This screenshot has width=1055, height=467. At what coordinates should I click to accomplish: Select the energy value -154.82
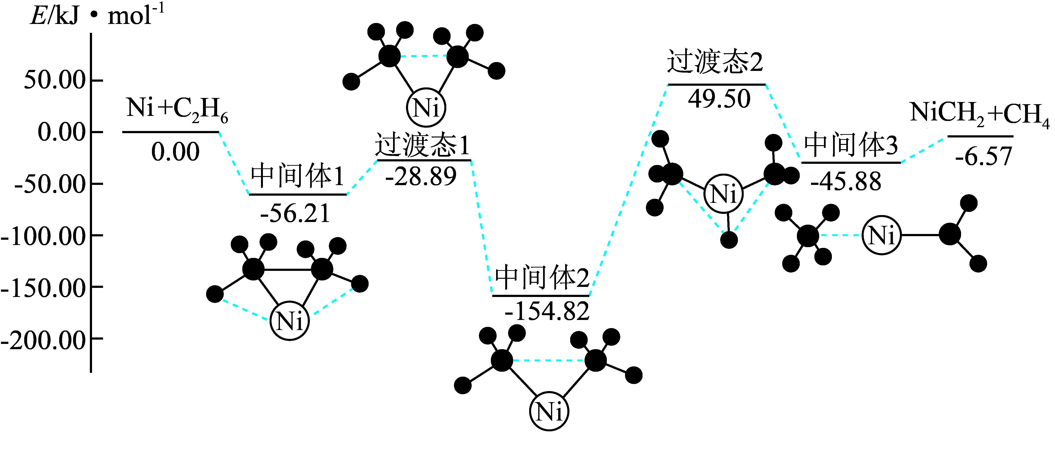click(547, 312)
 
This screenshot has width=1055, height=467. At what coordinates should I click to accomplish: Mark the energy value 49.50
click(719, 99)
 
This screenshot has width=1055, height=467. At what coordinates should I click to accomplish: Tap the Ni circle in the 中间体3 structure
click(881, 235)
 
